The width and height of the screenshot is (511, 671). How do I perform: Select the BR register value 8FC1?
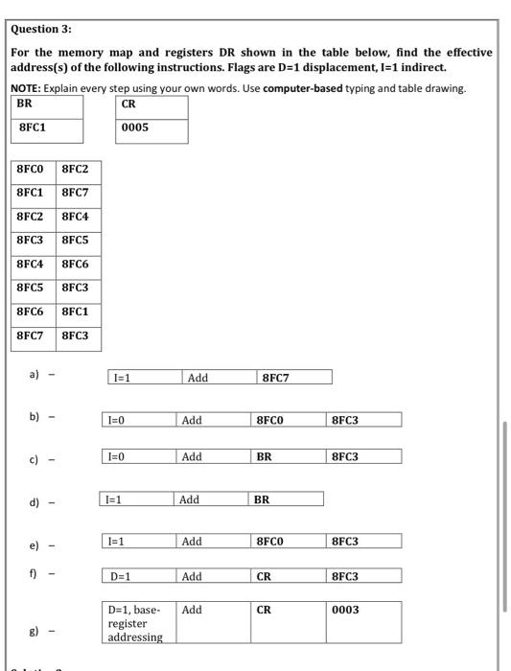coord(34,127)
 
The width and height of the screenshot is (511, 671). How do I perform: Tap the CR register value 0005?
coord(136,127)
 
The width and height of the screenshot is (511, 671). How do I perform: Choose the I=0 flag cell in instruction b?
coord(116,420)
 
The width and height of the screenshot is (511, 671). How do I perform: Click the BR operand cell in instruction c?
coord(266,457)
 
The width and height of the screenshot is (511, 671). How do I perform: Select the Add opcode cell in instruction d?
coord(189,499)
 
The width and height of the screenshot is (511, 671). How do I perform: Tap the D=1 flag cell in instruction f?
coord(121,577)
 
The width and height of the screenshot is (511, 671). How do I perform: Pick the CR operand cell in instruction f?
coord(266,577)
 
